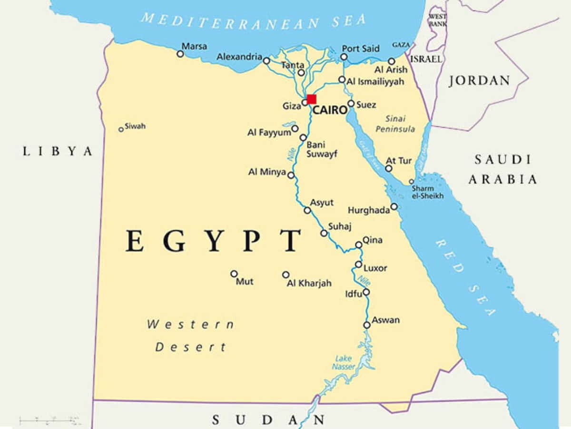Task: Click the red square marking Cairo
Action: (311, 99)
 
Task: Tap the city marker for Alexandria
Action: (266, 61)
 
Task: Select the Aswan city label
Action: (385, 320)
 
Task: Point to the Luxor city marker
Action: (358, 264)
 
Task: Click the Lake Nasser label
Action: (344, 362)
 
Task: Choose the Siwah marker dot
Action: (121, 129)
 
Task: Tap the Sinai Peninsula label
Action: (395, 124)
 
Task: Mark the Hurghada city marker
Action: (394, 206)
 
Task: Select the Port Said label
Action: (361, 48)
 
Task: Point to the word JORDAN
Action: (479, 81)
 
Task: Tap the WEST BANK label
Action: (437, 20)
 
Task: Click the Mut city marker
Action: (234, 274)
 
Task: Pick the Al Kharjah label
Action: (309, 283)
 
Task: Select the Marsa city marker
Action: (180, 54)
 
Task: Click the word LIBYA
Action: (58, 152)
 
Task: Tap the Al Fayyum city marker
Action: (295, 128)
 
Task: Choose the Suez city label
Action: (366, 104)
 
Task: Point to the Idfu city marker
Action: (366, 292)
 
